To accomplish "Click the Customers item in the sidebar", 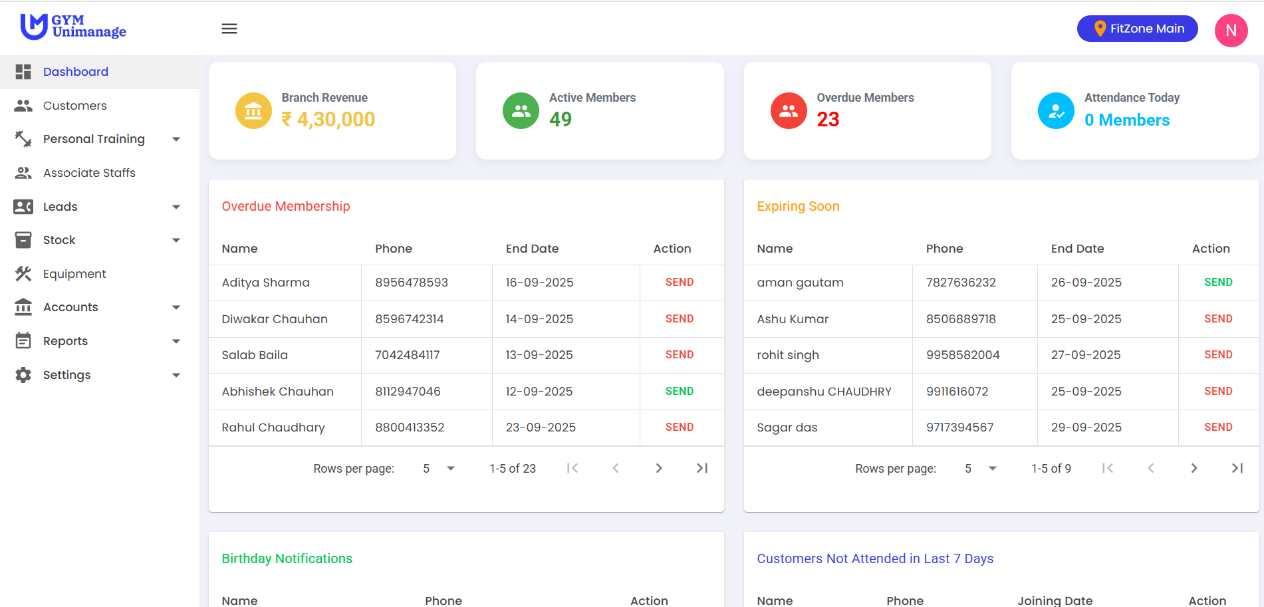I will point(74,106).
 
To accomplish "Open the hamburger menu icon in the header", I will point(229,29).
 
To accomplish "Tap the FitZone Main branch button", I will point(1137,29).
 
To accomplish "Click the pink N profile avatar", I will point(1231,31).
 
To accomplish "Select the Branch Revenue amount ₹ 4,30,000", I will point(328,120).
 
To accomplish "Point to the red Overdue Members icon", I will point(789,110).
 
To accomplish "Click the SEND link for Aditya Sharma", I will point(679,283).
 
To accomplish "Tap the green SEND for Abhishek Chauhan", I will point(679,392).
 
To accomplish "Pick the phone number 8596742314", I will point(409,319).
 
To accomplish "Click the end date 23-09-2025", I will point(541,427).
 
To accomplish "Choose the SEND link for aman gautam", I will point(1218,283).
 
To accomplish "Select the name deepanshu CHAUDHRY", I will point(824,392).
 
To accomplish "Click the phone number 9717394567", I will point(959,427).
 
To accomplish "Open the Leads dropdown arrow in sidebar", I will point(176,207).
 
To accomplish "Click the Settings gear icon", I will point(23,375).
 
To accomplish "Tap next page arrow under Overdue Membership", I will point(658,468).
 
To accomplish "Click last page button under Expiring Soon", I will point(1237,468).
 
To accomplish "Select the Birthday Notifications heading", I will point(287,558).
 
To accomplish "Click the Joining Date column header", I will point(1055,600).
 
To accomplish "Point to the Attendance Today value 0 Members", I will point(1127,120).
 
